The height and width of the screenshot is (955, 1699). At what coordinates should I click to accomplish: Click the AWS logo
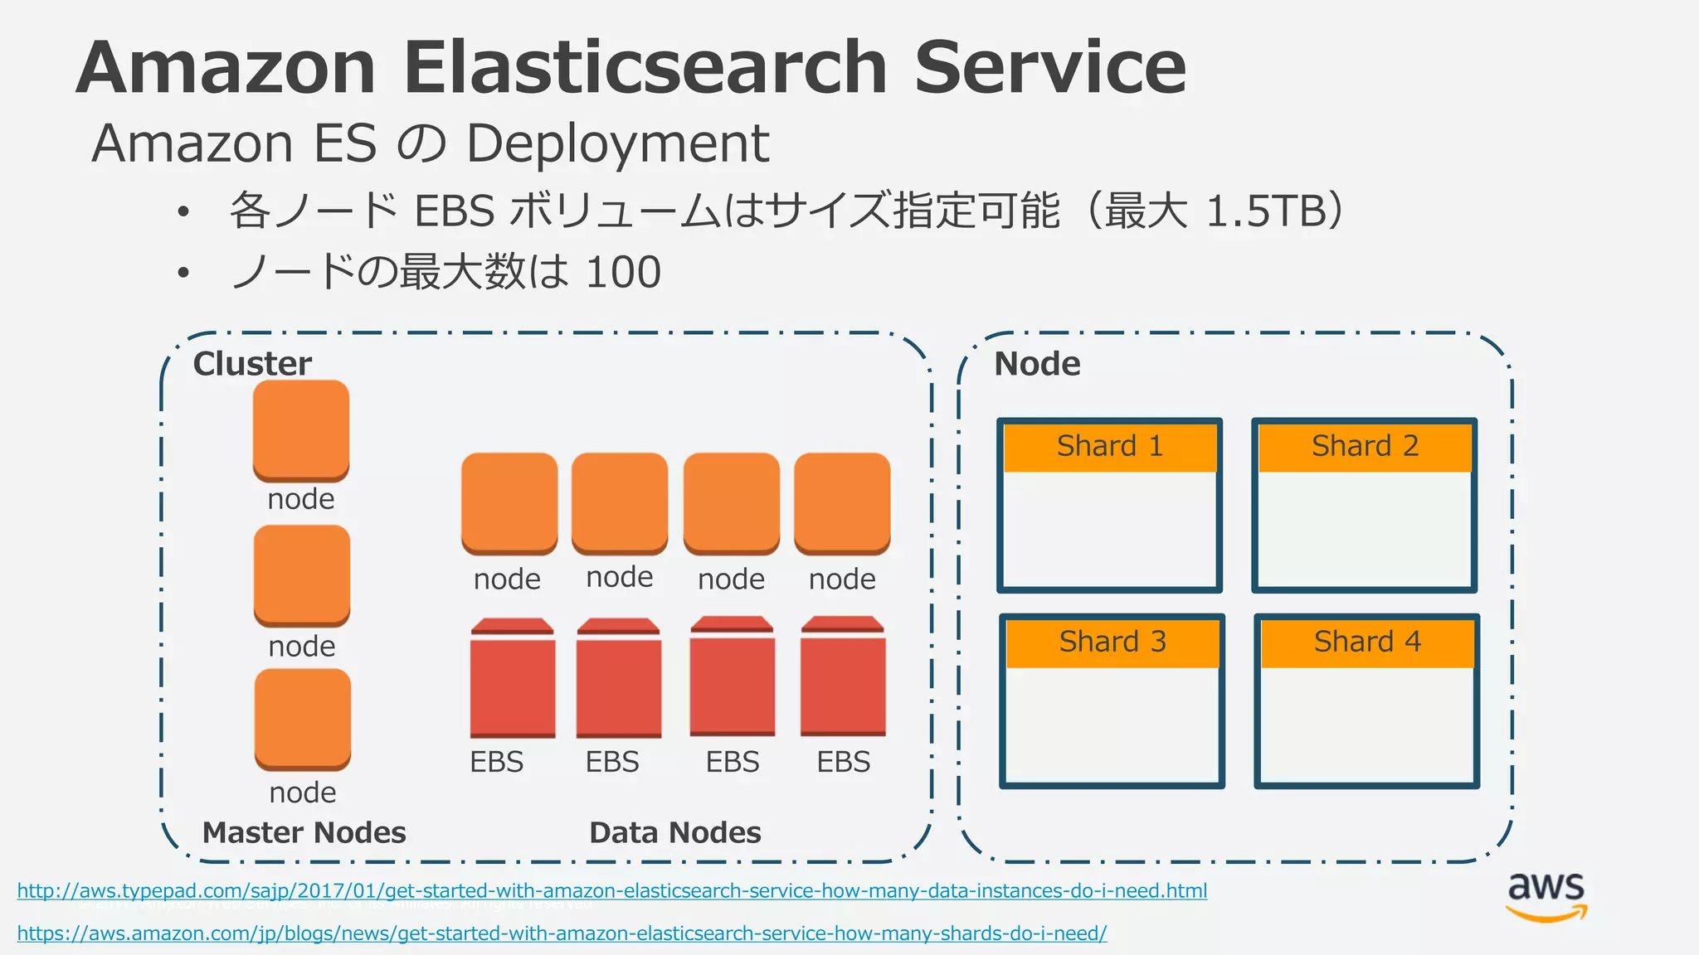(x=1546, y=897)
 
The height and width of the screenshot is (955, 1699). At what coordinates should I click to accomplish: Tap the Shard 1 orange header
(x=1109, y=447)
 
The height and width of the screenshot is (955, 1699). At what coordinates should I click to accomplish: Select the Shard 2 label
(x=1365, y=447)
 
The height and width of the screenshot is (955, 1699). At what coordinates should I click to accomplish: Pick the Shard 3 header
(x=1112, y=642)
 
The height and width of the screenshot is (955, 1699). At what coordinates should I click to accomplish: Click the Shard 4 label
(x=1367, y=642)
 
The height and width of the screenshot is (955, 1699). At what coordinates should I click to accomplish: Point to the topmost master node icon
(x=300, y=430)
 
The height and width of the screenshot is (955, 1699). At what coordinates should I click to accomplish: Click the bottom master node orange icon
(x=302, y=719)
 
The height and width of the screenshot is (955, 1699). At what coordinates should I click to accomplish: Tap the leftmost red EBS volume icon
(x=513, y=678)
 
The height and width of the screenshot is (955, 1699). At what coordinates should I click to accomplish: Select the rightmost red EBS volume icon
(x=843, y=676)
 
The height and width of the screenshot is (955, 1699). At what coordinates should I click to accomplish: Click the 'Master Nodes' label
(x=304, y=832)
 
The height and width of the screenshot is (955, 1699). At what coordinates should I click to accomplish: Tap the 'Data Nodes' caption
(x=674, y=832)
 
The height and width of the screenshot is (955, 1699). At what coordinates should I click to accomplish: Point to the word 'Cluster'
(x=252, y=364)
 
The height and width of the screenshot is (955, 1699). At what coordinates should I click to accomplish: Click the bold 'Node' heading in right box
(x=1037, y=364)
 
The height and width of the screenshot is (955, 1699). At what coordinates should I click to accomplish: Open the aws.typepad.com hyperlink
(x=611, y=891)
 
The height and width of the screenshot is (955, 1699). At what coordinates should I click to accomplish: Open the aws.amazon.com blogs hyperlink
(x=562, y=933)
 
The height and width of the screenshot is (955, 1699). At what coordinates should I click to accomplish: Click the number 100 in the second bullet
(x=623, y=272)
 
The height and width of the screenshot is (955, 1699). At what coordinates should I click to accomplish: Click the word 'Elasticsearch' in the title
(x=645, y=68)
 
